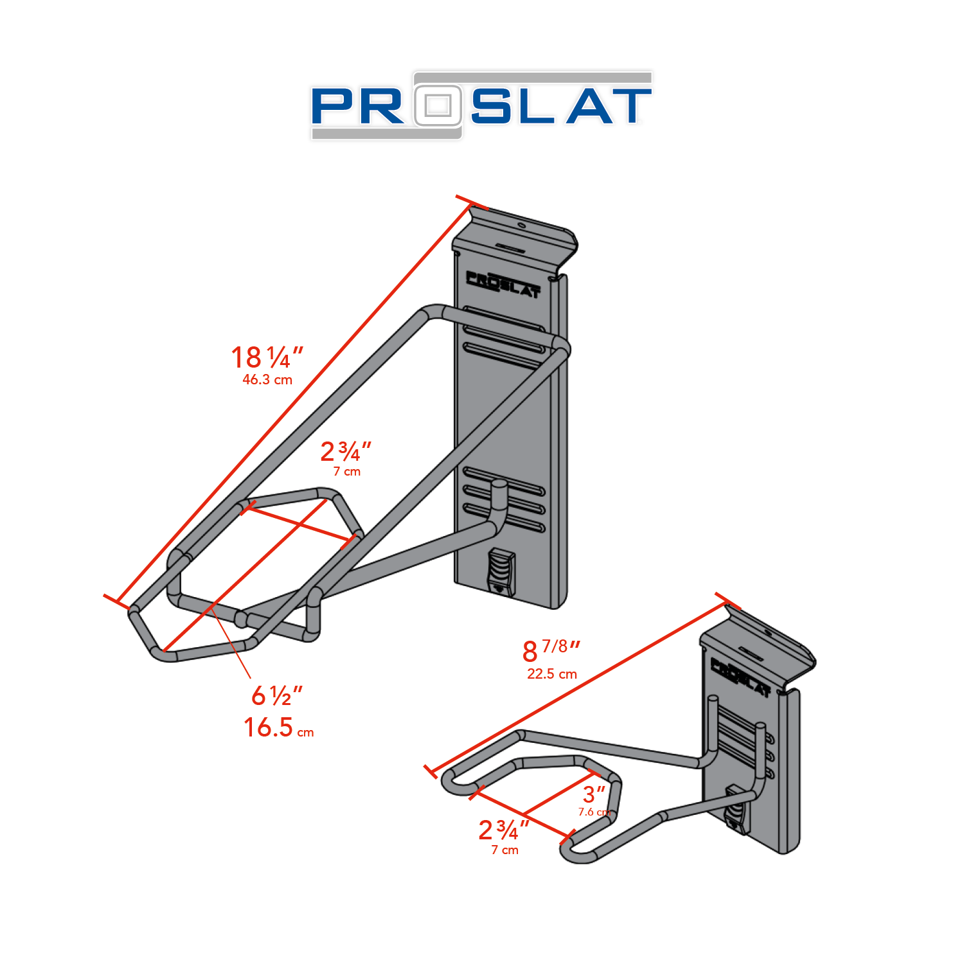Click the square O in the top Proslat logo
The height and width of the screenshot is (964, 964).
tap(438, 105)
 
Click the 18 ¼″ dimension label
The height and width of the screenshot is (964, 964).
tap(267, 357)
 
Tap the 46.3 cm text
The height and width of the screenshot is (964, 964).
tap(267, 380)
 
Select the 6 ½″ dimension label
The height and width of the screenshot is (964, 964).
tap(277, 695)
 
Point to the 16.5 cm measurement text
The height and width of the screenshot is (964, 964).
tap(278, 728)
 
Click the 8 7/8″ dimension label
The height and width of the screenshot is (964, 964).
tap(551, 650)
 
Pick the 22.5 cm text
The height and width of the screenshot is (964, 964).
tap(552, 674)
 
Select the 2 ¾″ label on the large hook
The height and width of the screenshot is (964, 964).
tap(346, 452)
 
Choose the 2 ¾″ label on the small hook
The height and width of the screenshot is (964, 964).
tap(504, 830)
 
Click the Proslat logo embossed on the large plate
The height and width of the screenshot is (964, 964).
tap(503, 284)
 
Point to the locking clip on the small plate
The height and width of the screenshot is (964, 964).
tap(736, 811)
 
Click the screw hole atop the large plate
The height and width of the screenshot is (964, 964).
tap(521, 225)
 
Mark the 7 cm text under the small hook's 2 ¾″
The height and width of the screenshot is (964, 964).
tap(505, 850)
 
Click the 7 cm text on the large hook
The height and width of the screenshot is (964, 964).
tap(347, 472)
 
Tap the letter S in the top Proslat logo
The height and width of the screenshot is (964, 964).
tap(493, 106)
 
